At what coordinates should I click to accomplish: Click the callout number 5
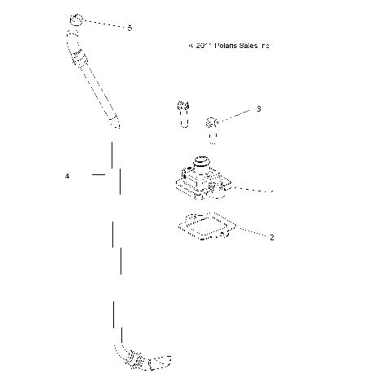[130, 28]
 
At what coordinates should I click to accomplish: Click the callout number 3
[258, 108]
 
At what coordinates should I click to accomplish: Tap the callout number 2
[271, 238]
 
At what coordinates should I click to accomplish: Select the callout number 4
[68, 175]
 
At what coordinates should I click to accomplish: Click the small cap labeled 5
[77, 20]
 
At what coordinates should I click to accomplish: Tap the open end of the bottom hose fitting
[165, 358]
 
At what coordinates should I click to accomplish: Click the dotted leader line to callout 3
[236, 115]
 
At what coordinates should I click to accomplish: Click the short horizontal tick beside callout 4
[99, 174]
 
